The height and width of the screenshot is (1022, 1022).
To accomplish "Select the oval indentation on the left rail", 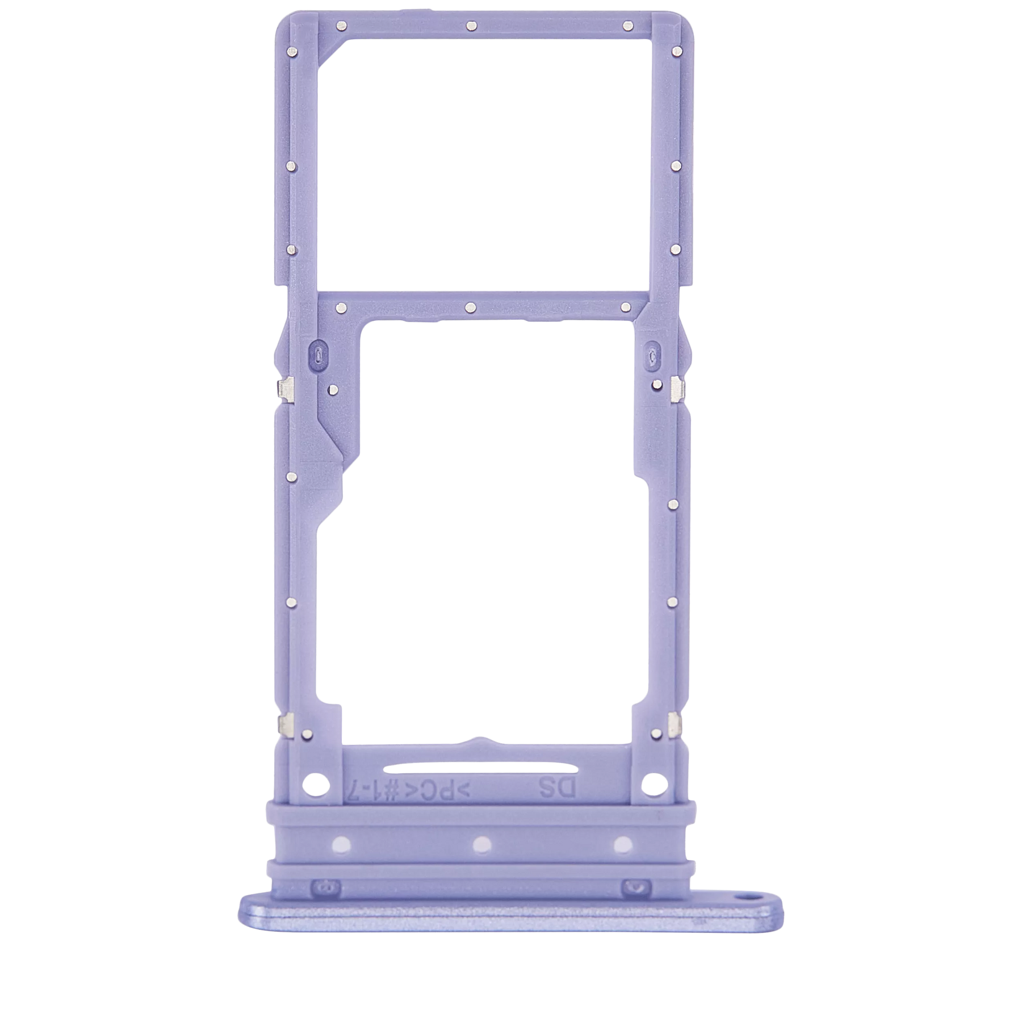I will point(316,353).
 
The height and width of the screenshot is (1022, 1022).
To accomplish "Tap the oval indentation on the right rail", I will point(654,353).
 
